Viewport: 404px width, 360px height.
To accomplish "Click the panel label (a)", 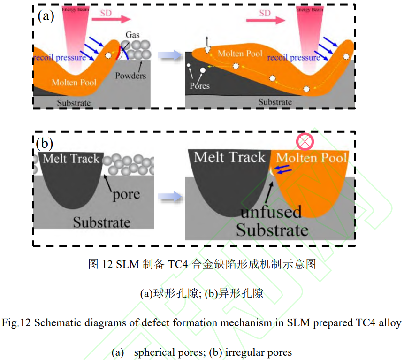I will (46, 17).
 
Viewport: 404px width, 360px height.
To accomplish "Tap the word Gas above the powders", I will (133, 35).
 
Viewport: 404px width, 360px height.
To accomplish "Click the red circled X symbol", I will (305, 141).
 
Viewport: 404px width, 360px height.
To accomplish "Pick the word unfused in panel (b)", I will (271, 212).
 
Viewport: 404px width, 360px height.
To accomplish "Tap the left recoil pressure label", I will (60, 57).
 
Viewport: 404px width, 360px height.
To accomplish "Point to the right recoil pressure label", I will (294, 57).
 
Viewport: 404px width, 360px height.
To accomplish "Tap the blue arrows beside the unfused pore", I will (282, 169).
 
